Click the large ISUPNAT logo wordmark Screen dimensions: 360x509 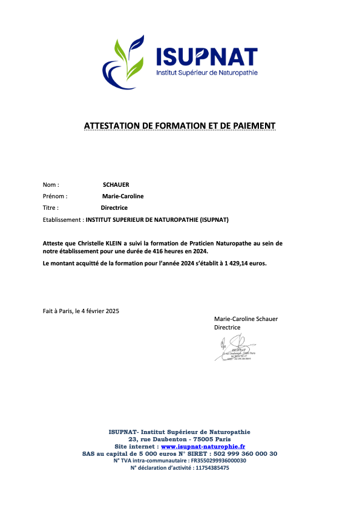tap(207, 56)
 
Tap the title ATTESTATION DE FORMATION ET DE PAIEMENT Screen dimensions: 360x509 tap(180, 126)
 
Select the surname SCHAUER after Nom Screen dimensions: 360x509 tap(116, 184)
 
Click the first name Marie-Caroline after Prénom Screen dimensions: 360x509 tap(123, 196)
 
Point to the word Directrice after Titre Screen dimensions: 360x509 tap(114, 208)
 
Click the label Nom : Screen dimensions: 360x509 tap(51, 184)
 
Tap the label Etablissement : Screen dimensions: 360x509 tap(63, 220)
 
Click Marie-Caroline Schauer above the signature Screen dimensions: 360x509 tap(246, 319)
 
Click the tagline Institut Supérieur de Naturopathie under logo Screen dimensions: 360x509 tap(207, 73)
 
